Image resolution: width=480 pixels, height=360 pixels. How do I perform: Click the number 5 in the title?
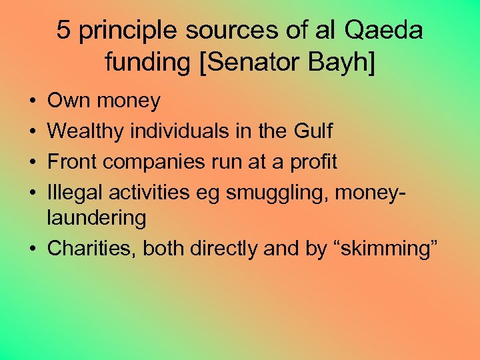63,31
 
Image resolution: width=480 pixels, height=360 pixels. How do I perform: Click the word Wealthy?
86,131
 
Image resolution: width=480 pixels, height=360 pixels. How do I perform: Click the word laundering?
97,218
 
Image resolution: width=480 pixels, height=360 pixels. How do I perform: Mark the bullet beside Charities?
33,249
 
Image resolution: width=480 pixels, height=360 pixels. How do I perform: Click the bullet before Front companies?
33,161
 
